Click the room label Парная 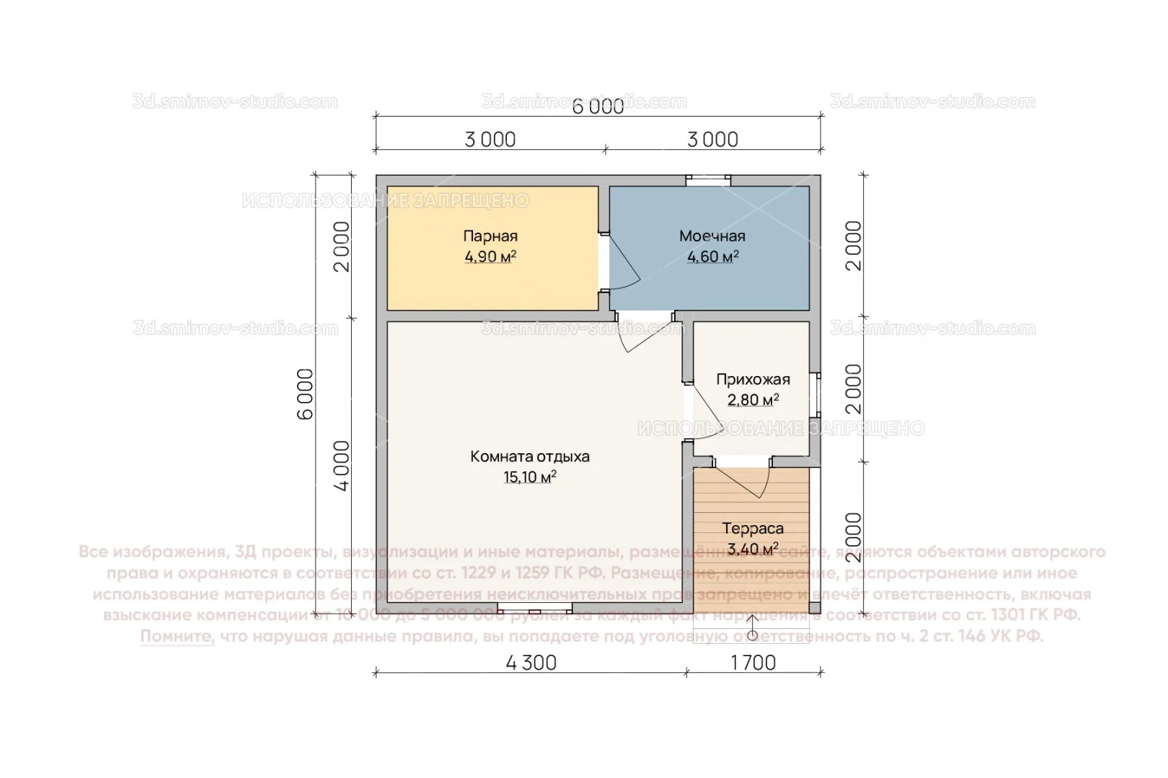[x=490, y=236]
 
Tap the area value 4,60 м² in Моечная [x=712, y=257]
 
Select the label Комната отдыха [x=529, y=456]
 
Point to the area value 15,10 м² [x=529, y=477]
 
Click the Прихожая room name [x=752, y=379]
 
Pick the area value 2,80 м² [x=752, y=400]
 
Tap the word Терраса [x=752, y=528]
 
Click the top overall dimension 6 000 [x=598, y=107]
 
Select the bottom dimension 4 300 [x=531, y=663]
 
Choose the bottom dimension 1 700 [x=753, y=663]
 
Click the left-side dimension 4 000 [x=341, y=465]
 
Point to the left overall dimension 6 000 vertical [x=306, y=393]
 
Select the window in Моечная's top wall [x=707, y=181]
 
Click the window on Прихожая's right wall [x=815, y=394]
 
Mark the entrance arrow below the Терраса [x=752, y=627]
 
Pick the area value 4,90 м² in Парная [x=490, y=257]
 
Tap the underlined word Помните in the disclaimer [x=177, y=636]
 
